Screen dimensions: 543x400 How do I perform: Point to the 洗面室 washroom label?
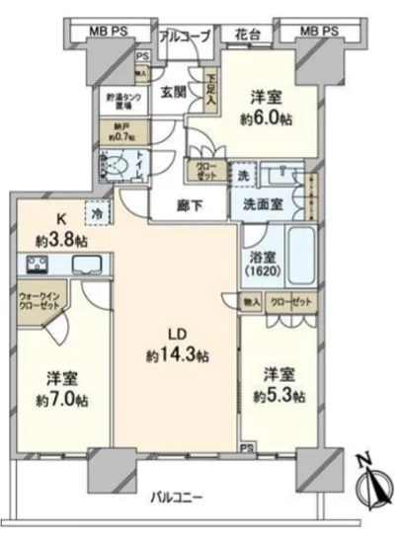pos(267,205)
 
